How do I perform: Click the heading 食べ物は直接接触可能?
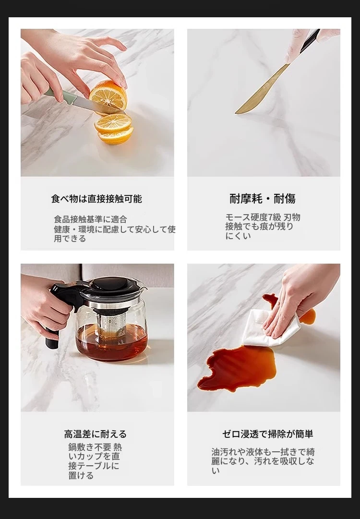coord(96,199)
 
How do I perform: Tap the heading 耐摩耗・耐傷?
coord(263,199)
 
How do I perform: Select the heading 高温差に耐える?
coord(96,434)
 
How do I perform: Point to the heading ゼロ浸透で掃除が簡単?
coord(267,434)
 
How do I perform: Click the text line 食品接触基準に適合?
coord(90,219)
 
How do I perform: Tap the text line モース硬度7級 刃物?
coord(263,217)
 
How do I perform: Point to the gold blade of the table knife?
coord(262,89)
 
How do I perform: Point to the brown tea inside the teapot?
coord(111,343)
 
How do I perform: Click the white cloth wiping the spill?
coord(270,328)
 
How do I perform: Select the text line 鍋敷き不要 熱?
coord(96,447)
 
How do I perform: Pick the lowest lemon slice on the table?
coord(116,136)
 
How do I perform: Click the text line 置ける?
coord(81,475)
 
